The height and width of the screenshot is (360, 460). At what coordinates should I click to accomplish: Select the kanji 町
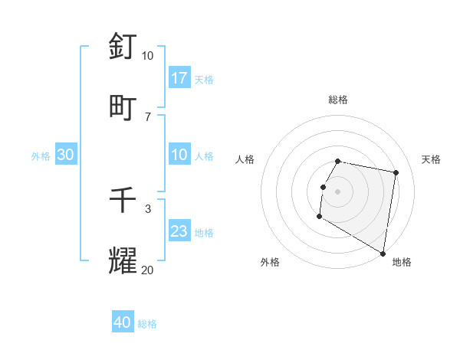click(123, 106)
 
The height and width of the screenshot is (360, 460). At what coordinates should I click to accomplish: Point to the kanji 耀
click(123, 260)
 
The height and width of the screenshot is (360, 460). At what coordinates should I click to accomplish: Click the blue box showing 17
click(179, 78)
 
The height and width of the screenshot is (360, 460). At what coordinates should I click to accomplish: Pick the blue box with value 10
click(179, 155)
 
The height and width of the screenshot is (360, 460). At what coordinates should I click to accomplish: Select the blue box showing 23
click(179, 231)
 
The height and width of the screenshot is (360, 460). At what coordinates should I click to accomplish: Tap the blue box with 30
click(66, 155)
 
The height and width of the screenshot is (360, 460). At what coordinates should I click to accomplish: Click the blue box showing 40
click(123, 322)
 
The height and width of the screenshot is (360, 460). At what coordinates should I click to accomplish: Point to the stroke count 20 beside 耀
click(147, 270)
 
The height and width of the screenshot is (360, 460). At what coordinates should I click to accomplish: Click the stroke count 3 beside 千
click(148, 208)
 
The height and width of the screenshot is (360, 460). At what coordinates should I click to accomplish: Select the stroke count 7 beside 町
click(148, 116)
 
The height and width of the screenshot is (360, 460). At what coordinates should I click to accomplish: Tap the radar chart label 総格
click(338, 100)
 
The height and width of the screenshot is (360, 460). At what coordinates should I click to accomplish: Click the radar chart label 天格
click(431, 159)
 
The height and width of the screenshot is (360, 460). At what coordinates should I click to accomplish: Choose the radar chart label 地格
click(402, 262)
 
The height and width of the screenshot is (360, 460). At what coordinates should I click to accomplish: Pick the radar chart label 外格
click(270, 262)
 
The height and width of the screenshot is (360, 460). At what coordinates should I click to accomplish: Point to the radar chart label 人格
click(245, 159)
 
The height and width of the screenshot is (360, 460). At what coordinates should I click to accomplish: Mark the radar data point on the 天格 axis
click(396, 173)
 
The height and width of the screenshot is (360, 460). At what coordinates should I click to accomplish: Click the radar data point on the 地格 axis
click(383, 254)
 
